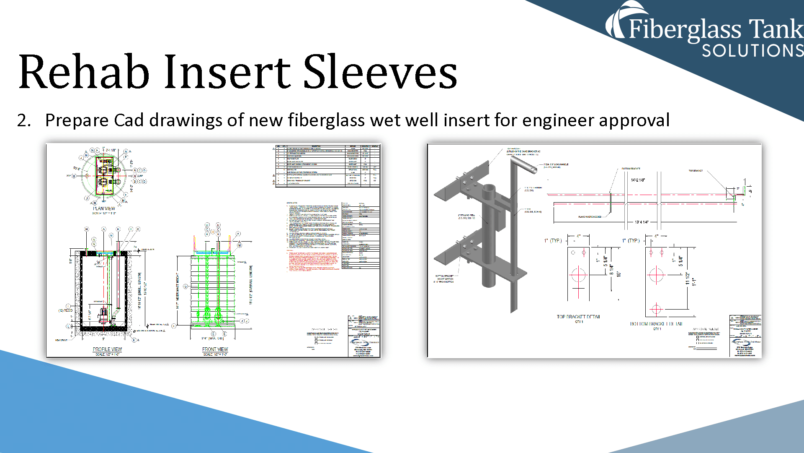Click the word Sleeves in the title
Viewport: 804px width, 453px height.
[x=380, y=72]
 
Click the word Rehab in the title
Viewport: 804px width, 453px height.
[x=84, y=72]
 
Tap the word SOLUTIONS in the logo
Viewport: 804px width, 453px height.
[x=752, y=51]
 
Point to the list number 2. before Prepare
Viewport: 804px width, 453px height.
[x=24, y=120]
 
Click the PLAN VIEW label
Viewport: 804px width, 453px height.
[x=104, y=208]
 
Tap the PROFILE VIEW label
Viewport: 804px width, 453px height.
[x=107, y=349]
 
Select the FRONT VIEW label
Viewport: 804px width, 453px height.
[x=215, y=349]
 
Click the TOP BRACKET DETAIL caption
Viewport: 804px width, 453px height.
[x=578, y=317]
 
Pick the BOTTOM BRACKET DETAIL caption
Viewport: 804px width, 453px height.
[x=656, y=324]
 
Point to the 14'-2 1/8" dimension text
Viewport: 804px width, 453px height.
[x=638, y=180]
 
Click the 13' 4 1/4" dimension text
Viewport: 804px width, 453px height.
[x=642, y=222]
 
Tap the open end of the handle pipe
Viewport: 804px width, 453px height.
[x=535, y=170]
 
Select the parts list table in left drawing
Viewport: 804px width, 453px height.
[x=327, y=165]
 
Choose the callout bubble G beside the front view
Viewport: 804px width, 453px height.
[x=186, y=286]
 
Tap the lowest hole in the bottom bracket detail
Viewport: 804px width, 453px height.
[x=656, y=310]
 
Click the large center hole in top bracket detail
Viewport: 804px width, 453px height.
[x=578, y=275]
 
